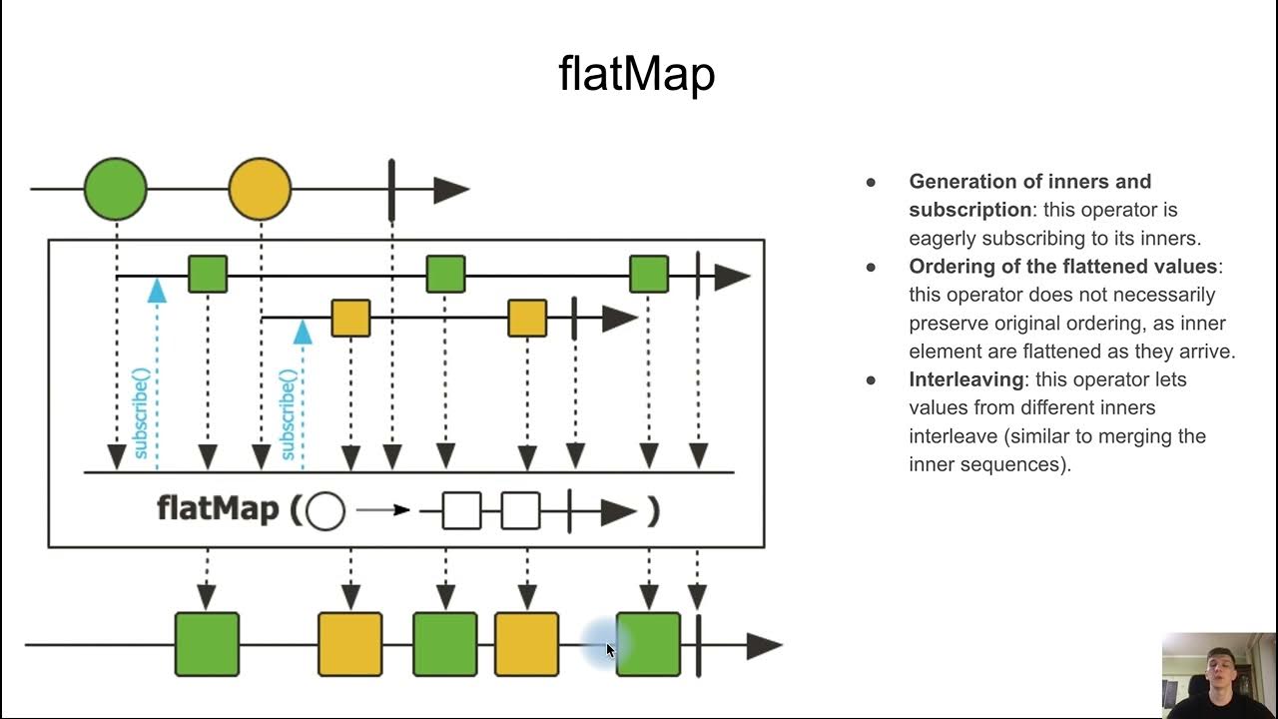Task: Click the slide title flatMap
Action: point(636,75)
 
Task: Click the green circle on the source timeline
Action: point(116,189)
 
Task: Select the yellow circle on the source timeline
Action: point(260,189)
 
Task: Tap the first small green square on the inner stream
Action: point(208,274)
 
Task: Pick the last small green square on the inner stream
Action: point(649,274)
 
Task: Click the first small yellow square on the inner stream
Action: point(350,319)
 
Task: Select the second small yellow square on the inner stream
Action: point(527,319)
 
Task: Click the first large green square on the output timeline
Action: point(207,644)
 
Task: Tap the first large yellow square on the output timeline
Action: point(350,644)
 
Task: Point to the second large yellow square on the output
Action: point(526,644)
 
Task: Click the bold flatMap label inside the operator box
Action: point(218,509)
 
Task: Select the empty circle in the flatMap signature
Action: point(325,511)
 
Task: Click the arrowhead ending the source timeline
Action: point(450,190)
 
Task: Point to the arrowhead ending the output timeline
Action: point(764,646)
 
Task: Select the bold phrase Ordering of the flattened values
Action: point(1062,267)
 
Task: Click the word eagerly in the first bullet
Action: point(942,239)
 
